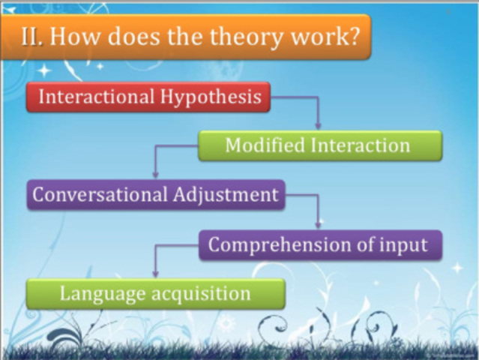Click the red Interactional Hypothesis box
tap(148, 97)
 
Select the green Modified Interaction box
tap(319, 145)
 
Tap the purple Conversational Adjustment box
tap(156, 195)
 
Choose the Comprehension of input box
tap(319, 245)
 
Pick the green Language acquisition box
tap(155, 293)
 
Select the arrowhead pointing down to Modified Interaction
tap(318, 126)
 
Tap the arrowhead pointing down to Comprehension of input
tap(318, 224)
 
